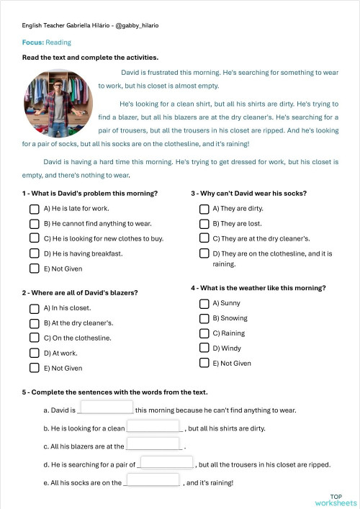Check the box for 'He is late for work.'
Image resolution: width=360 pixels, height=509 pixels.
pyautogui.click(x=34, y=209)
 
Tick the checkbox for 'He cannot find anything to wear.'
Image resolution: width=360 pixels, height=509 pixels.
pyautogui.click(x=34, y=223)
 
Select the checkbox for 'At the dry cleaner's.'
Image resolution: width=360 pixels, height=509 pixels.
pyautogui.click(x=34, y=323)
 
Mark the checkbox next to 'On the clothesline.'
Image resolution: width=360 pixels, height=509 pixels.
pyautogui.click(x=34, y=338)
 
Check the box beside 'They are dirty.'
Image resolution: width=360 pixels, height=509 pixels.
pyautogui.click(x=204, y=209)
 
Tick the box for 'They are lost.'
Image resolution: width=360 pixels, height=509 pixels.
pyautogui.click(x=204, y=223)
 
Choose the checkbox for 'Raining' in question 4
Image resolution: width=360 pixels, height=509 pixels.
pyautogui.click(x=204, y=333)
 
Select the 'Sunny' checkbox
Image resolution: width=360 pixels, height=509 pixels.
pyautogui.click(x=204, y=303)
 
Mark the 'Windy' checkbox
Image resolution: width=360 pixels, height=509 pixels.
pyautogui.click(x=204, y=348)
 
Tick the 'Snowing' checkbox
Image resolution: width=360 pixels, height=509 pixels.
pyautogui.click(x=204, y=318)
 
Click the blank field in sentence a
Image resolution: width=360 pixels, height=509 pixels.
pyautogui.click(x=105, y=408)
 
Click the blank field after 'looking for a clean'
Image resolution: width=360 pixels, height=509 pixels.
pyautogui.click(x=153, y=426)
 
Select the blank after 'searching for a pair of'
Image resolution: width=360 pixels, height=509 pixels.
pyautogui.click(x=166, y=462)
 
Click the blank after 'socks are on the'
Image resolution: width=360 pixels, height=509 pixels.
pyautogui.click(x=152, y=480)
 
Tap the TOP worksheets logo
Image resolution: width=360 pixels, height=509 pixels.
pyautogui.click(x=336, y=499)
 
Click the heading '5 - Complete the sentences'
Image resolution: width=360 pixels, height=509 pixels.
pyautogui.click(x=114, y=392)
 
